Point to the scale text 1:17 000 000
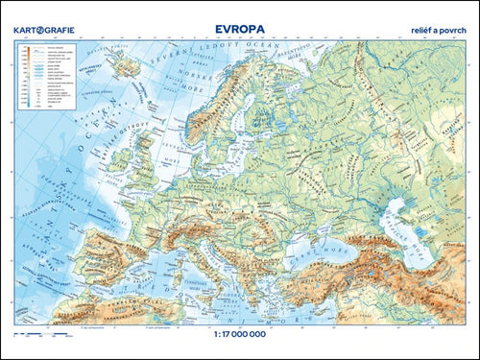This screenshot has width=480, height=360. tap(239, 338)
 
